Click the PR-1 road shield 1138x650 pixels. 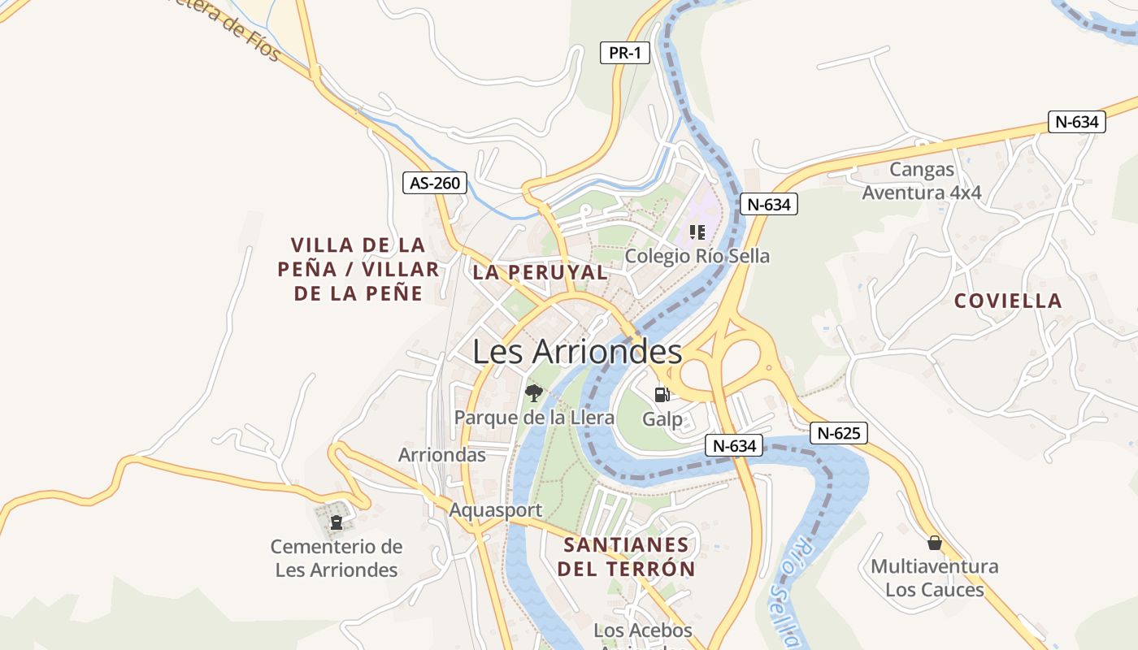coord(625,54)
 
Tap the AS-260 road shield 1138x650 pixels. coord(435,183)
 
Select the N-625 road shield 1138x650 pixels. coord(839,433)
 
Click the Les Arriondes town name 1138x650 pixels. coord(577,352)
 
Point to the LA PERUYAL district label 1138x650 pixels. coord(540,273)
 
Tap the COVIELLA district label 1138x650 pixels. coord(1008,301)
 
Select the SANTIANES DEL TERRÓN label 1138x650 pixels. coord(626,557)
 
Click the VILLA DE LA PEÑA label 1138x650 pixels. coord(358,269)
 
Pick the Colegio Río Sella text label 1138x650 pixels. coord(697,256)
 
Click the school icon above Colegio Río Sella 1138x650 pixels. coord(697,232)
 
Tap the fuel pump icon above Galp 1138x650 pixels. coord(662,395)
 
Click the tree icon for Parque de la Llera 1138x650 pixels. coord(533,394)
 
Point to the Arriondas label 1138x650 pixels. coord(442,455)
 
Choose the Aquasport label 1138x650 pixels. coord(496,510)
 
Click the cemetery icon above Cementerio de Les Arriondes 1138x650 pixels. coord(337,522)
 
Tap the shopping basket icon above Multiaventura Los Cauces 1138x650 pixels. coord(935,542)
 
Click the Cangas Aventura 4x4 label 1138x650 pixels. coord(922,181)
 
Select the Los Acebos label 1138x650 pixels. coord(643,630)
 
